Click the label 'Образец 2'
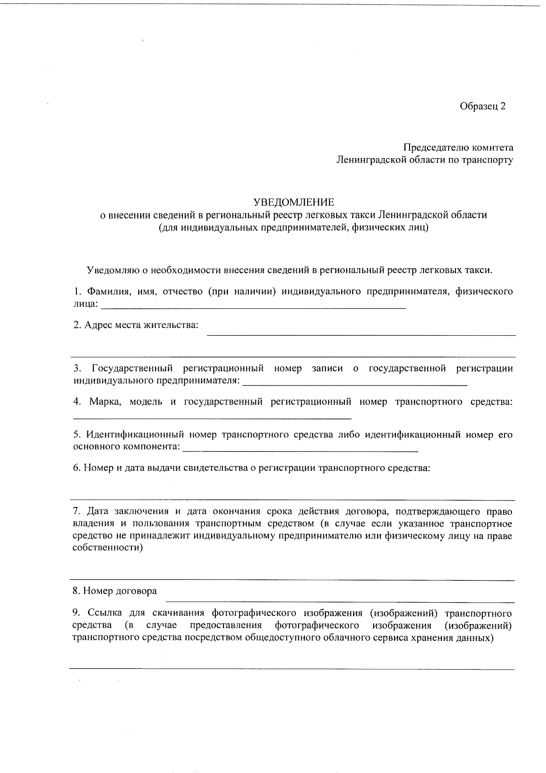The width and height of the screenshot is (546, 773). click(x=482, y=106)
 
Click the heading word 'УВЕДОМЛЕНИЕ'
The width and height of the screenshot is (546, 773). click(x=293, y=202)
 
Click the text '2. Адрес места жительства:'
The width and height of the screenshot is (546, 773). click(x=136, y=325)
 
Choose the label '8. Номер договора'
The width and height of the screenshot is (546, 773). click(x=115, y=591)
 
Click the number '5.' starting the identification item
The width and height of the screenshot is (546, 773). click(x=77, y=435)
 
